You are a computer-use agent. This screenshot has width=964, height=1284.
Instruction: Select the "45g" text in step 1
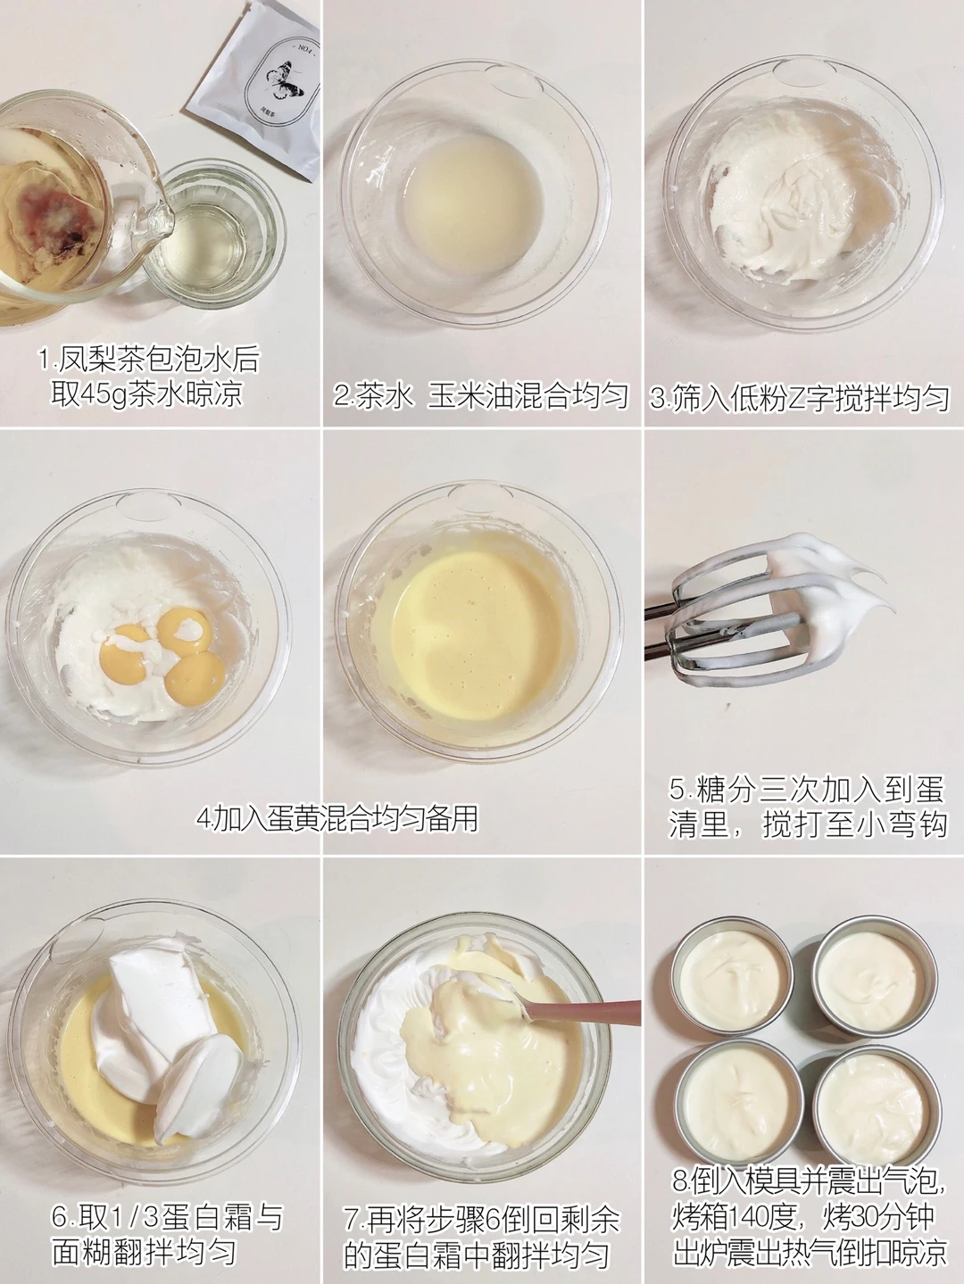(104, 394)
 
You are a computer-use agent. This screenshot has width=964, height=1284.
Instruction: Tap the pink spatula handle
(588, 1011)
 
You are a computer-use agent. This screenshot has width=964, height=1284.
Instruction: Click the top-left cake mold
(734, 976)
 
